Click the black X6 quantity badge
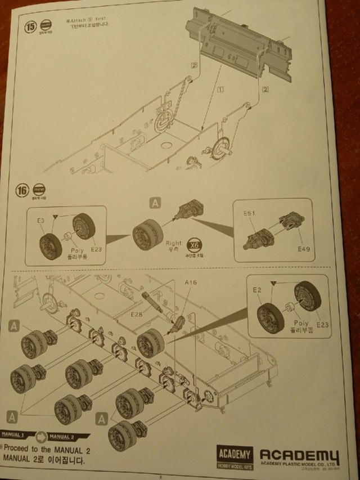pyautogui.click(x=194, y=248)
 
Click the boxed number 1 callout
pyautogui.click(x=221, y=89)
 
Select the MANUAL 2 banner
pyautogui.click(x=61, y=436)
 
